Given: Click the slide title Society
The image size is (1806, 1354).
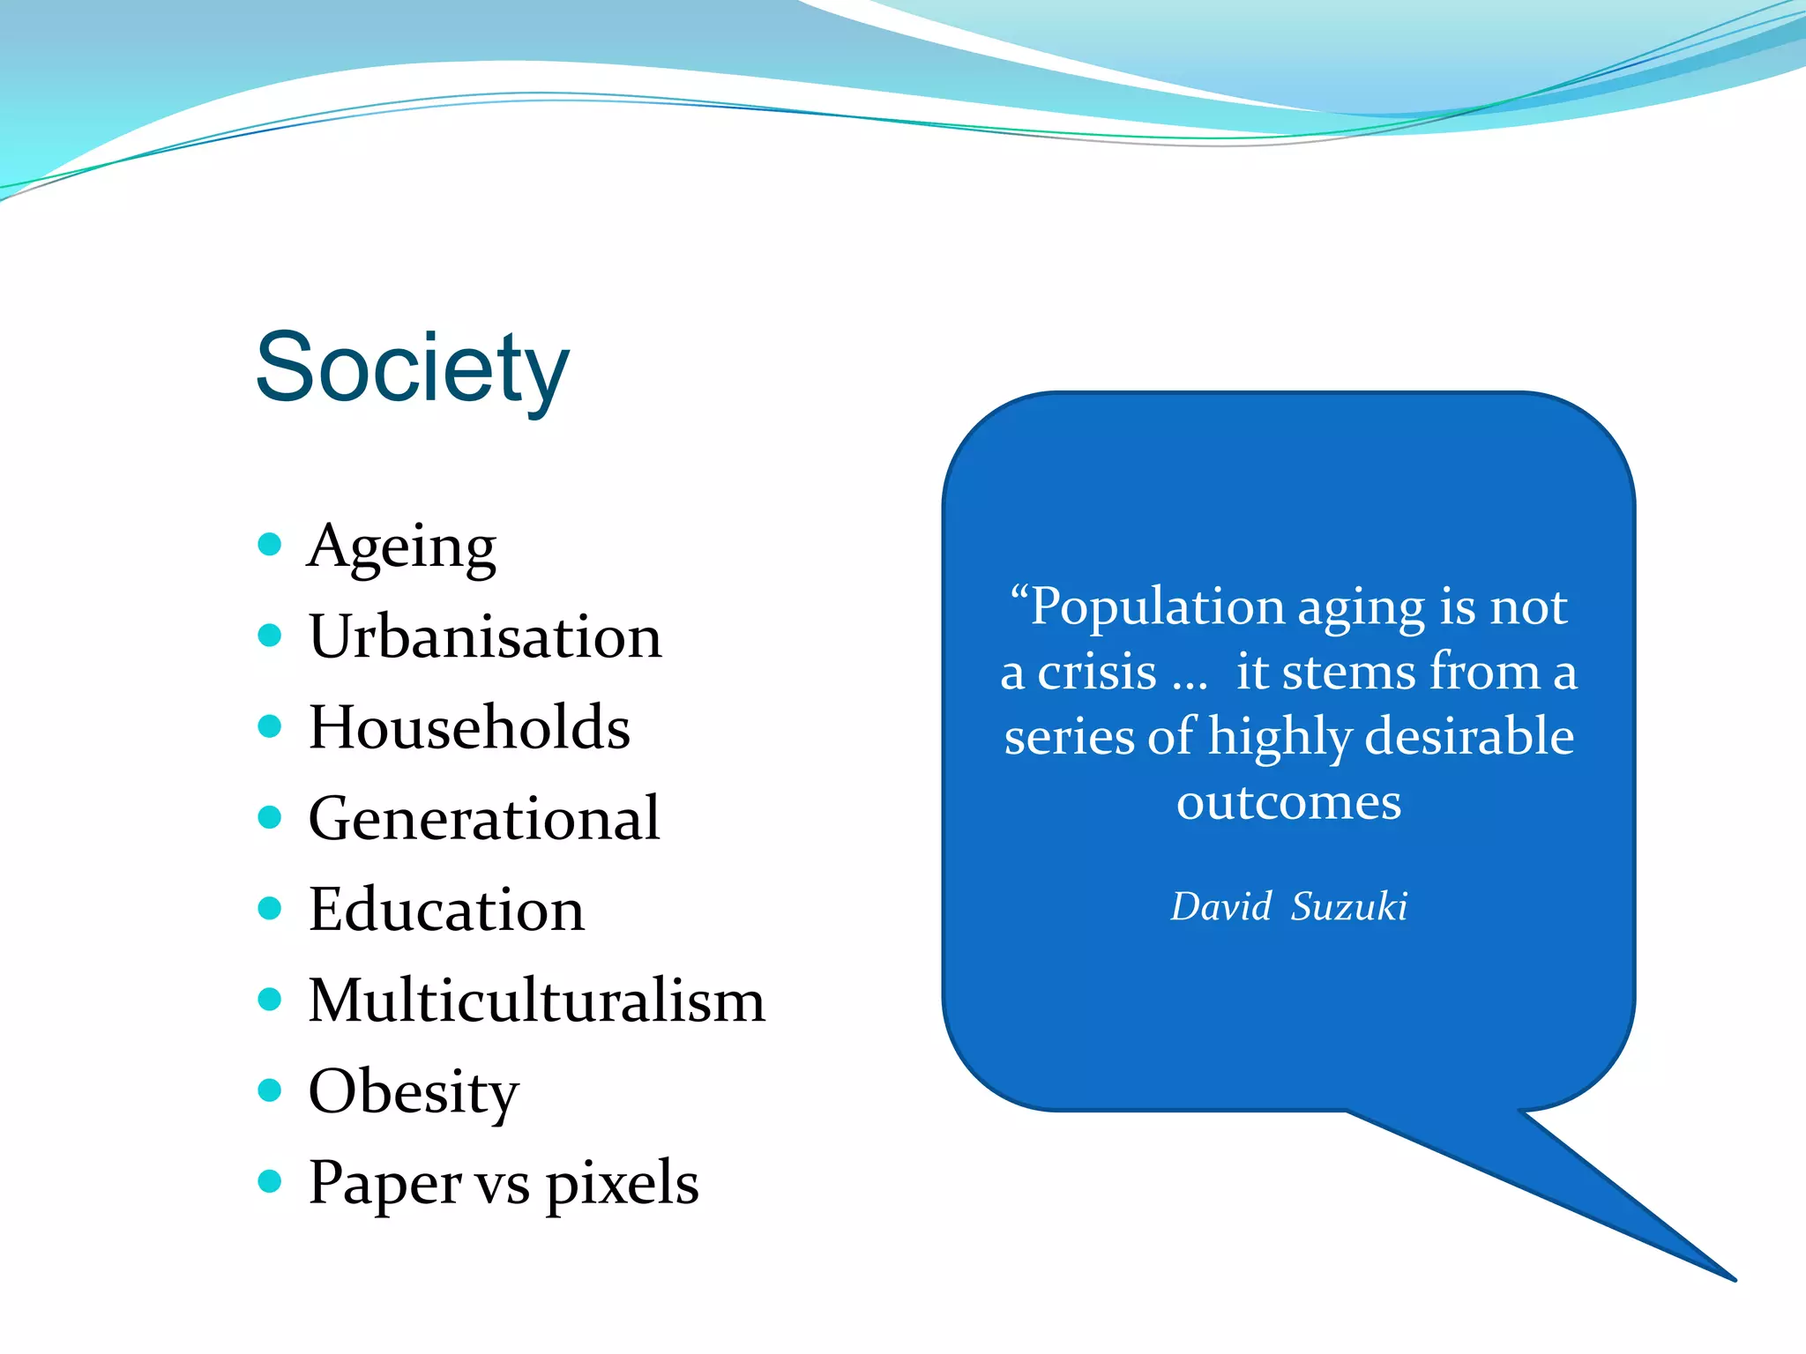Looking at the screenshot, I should pos(412,368).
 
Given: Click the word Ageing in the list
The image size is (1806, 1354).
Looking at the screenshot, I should pos(402,547).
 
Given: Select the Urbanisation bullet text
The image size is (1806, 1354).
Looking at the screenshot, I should pos(485,636).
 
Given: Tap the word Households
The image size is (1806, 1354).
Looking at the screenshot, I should pos(469,727).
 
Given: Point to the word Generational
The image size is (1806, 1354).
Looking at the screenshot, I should pos(484,818).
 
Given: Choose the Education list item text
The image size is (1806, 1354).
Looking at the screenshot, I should pos(446,909).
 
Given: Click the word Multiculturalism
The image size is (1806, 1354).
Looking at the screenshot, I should pos(537,1001).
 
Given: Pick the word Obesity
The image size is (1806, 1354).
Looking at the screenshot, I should pos(414,1092).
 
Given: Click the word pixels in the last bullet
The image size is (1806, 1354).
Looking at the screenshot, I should pos(623,1184).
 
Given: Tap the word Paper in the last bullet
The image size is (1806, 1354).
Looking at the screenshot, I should pos(384,1184).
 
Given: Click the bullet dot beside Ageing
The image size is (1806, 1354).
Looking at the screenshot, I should pos(270,544).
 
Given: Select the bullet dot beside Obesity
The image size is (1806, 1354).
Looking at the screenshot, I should pos(270,1090).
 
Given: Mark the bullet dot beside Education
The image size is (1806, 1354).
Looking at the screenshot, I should pos(270,908).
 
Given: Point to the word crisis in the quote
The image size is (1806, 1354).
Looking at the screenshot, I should pos(1096,673).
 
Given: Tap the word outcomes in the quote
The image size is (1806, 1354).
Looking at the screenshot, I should pos(1288,802).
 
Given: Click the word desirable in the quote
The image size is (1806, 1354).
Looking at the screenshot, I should pos(1469,737).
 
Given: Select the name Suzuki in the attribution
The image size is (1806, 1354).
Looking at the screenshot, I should pos(1348,906).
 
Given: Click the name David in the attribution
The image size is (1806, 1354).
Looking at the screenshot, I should pos(1220,906).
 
